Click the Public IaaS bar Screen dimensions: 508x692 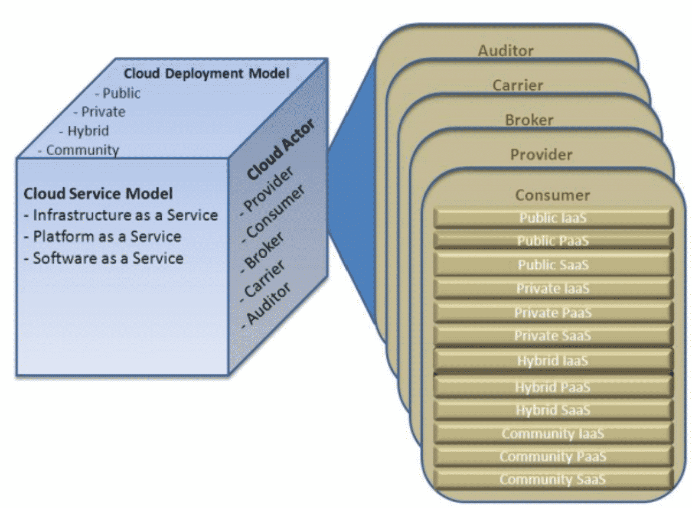553,218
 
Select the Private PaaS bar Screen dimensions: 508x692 553,312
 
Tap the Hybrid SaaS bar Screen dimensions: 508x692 553,410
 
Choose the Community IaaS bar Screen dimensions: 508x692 553,434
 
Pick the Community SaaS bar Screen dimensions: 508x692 553,479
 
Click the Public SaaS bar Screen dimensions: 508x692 553,265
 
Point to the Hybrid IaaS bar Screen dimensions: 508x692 553,360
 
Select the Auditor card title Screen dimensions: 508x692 506,50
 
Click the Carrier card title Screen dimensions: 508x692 518,85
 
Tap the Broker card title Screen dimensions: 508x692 529,120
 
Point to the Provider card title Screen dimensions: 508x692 541,155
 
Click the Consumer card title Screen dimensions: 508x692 553,195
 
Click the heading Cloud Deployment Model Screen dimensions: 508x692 207,74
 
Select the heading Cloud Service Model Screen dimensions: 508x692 98,194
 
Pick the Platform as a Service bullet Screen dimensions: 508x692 103,237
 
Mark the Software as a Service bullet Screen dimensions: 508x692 104,258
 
